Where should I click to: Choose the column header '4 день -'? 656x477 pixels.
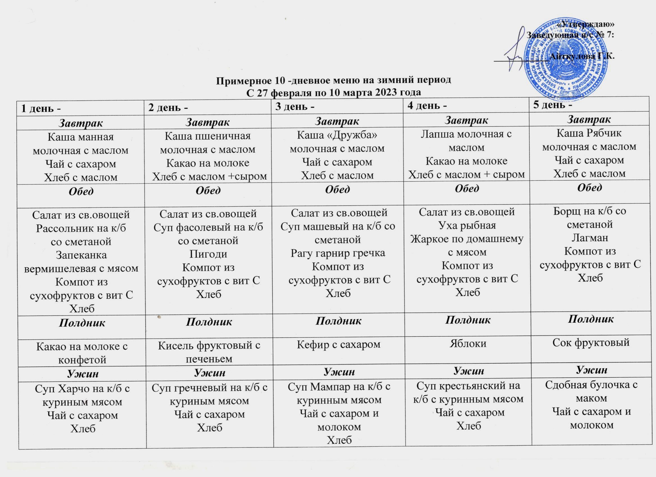pos(427,106)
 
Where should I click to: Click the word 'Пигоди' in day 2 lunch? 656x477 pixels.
pos(208,254)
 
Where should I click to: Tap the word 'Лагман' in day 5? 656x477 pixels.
pos(590,237)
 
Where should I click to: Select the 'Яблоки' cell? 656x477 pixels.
pos(468,343)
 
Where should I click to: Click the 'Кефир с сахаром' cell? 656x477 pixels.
pos(338,344)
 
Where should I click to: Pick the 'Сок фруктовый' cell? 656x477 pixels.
pos(591,342)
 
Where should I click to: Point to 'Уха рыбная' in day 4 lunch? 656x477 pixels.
pos(467,225)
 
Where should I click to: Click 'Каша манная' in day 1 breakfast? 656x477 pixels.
pos(81,137)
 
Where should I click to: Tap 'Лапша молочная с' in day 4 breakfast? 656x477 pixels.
pos(466,134)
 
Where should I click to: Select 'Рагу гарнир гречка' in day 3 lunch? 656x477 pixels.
pos(338,253)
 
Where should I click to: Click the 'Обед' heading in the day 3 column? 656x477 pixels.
pos(338,189)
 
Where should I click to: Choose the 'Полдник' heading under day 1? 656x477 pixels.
pos(82,322)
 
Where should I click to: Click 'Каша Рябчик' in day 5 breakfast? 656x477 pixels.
pos(589,133)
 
